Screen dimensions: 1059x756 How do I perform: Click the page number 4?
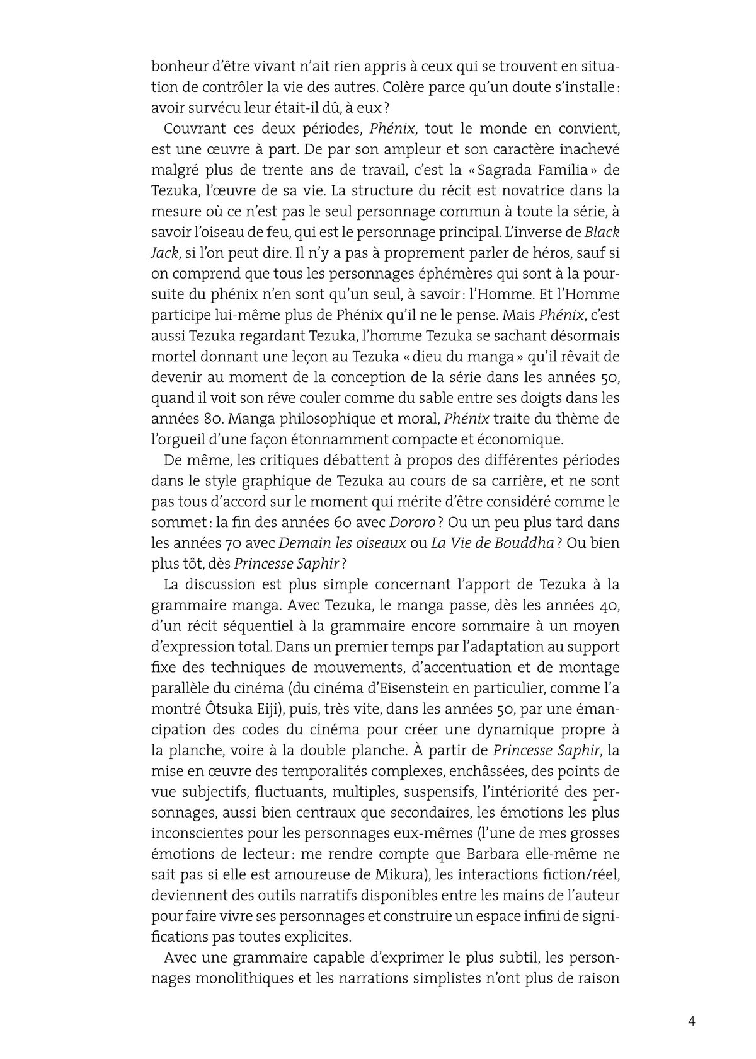coord(691,1022)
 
